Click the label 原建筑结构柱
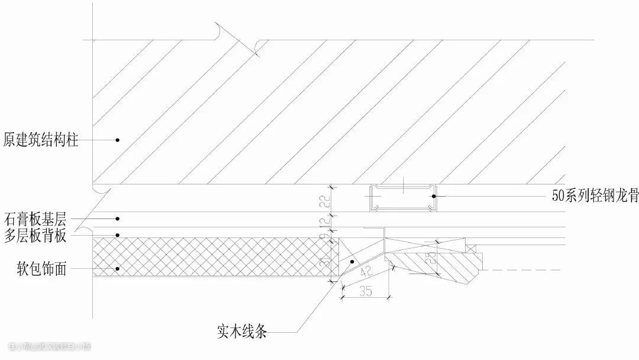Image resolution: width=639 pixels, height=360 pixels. pyautogui.click(x=40, y=140)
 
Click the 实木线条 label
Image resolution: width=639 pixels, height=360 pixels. pyautogui.click(x=242, y=332)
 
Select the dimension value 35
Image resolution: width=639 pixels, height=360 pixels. pyautogui.click(x=365, y=291)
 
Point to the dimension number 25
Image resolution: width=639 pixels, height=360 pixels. pyautogui.click(x=433, y=258)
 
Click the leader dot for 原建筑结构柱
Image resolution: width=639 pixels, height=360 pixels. pyautogui.click(x=118, y=140)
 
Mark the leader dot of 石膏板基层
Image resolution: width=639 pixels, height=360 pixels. pyautogui.click(x=118, y=218)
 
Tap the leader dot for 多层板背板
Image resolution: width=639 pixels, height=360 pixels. pyautogui.click(x=118, y=235)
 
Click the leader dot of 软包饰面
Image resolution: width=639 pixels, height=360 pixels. pyautogui.click(x=118, y=269)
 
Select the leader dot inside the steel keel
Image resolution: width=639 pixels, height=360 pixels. pyautogui.click(x=433, y=195)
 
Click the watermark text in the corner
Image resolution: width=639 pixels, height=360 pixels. pyautogui.click(x=50, y=347)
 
